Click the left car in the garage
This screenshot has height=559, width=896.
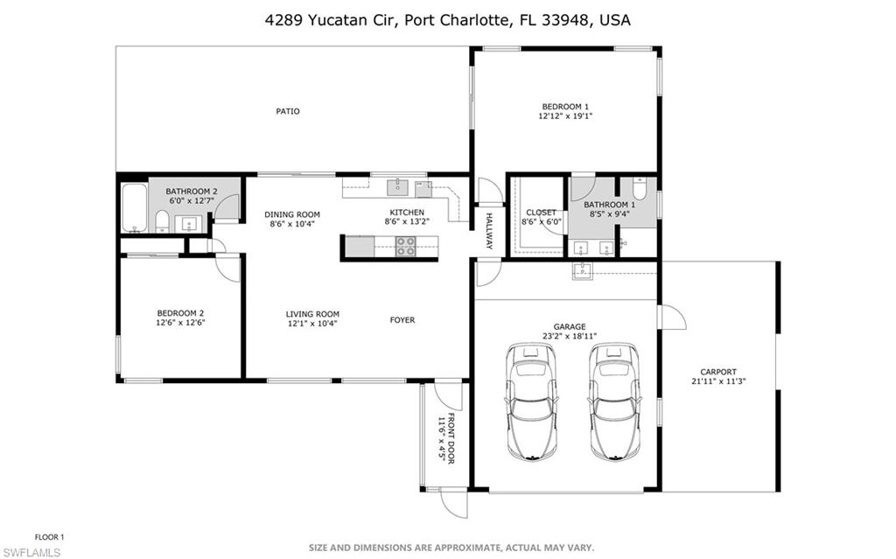[531, 400]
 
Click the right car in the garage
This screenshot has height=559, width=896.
[613, 400]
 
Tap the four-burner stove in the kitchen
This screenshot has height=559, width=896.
[406, 247]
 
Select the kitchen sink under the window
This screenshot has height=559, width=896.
[398, 185]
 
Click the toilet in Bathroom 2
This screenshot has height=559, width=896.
[162, 220]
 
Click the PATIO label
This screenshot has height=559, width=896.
[288, 111]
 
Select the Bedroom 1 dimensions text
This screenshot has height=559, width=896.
[565, 115]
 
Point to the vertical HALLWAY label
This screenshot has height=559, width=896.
[489, 231]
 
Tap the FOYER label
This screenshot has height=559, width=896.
[402, 320]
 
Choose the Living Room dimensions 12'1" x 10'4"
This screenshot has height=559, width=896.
[312, 324]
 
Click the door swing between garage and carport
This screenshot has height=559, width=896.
[670, 317]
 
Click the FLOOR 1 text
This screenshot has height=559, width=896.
[49, 536]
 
